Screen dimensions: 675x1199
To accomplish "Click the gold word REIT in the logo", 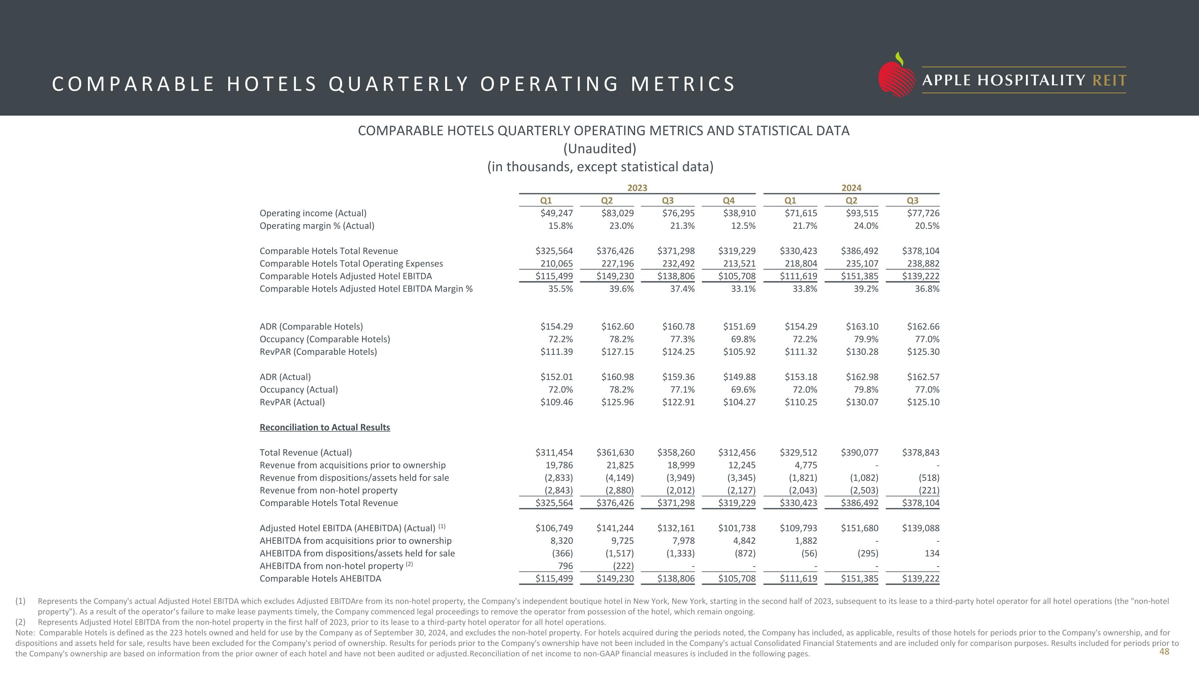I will [1109, 80].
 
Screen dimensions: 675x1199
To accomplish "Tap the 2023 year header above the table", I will [637, 188].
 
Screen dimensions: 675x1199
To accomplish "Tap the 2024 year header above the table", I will [851, 188].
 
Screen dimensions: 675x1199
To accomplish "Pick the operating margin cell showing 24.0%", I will [866, 225].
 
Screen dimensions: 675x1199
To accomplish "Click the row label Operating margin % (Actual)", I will [317, 225].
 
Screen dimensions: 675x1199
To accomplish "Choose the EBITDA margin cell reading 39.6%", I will [621, 288].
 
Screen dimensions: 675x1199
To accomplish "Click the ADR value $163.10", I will [862, 326].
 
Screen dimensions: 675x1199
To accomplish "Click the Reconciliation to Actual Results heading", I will [325, 427].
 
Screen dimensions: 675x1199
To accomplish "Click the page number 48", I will [1163, 651].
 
